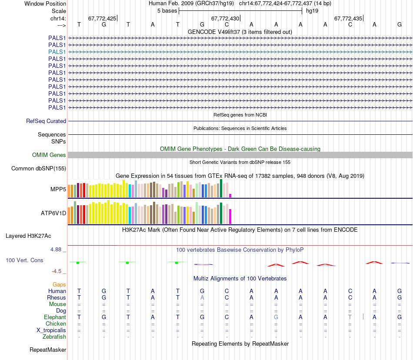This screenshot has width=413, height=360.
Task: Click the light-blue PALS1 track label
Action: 57,52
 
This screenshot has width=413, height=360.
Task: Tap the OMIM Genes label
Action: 49,155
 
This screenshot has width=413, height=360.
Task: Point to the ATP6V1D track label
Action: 53,213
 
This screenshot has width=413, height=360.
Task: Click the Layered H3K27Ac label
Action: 28,236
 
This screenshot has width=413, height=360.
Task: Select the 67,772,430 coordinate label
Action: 225,19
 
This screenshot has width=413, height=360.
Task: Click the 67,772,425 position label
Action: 102,19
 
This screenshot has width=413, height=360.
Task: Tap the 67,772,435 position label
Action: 348,19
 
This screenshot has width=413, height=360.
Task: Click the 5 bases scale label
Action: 167,10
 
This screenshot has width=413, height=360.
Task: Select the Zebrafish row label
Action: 54,337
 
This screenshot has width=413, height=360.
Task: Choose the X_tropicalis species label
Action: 51,330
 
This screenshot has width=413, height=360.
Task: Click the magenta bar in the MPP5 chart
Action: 230,195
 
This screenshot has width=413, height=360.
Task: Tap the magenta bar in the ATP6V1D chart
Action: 230,216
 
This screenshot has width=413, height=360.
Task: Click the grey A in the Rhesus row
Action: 202,297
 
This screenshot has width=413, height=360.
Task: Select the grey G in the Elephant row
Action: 276,317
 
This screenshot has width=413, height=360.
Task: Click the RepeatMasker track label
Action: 48,350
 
